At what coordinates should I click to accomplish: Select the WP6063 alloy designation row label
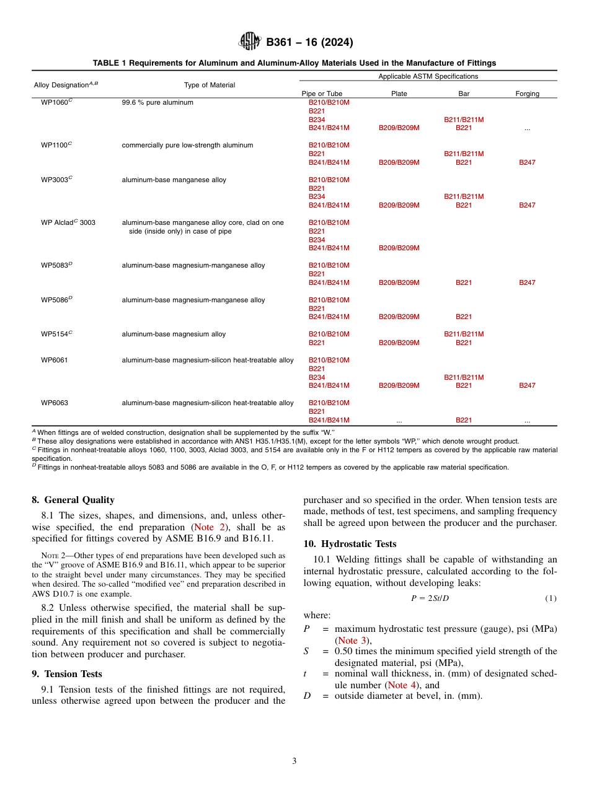coord(55,403)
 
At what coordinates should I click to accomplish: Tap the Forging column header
coord(527,94)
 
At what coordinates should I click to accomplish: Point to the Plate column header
coord(399,94)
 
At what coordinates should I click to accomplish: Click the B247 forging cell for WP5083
coord(527,282)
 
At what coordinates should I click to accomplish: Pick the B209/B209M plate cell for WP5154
coord(399,343)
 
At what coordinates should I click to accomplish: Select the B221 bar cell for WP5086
coord(463,317)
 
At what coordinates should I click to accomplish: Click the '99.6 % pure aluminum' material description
coord(157,102)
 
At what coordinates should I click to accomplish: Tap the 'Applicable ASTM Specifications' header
coord(428,76)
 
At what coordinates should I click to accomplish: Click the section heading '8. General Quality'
coord(73,500)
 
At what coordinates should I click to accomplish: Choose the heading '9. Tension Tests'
coord(67,674)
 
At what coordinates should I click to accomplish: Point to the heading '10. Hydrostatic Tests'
coord(350,544)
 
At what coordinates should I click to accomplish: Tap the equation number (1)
coord(551,598)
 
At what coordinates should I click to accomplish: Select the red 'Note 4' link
coord(397,685)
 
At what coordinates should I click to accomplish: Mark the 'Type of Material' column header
coord(209,85)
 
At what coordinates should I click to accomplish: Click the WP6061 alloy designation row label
coord(55,360)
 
